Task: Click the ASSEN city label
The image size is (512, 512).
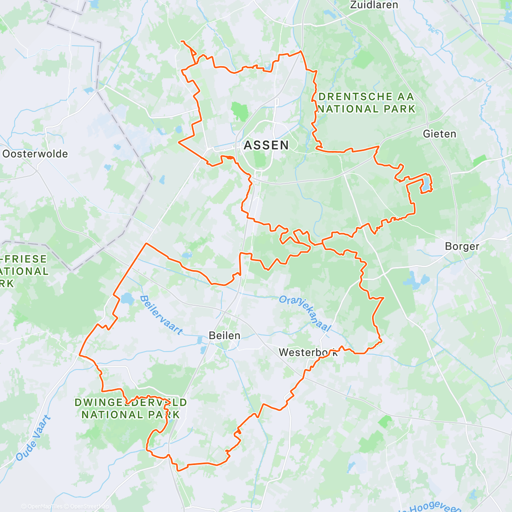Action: click(266, 145)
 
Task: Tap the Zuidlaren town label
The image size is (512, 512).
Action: click(374, 5)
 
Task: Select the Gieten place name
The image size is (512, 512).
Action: click(439, 134)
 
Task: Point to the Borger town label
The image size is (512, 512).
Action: click(462, 247)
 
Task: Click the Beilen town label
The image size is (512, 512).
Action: click(224, 336)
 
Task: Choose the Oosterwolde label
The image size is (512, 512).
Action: click(35, 154)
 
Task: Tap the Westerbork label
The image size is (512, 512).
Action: click(308, 352)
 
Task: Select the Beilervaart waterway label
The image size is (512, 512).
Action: click(161, 315)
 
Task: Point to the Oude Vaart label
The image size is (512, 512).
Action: click(33, 438)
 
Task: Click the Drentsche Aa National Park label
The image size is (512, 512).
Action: click(366, 103)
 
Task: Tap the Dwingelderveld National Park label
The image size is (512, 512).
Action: click(131, 408)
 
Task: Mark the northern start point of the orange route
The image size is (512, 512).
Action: click(182, 41)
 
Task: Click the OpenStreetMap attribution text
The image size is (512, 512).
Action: click(90, 506)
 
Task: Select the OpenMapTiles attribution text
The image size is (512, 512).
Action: click(44, 506)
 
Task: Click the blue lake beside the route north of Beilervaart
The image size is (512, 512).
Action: click(127, 299)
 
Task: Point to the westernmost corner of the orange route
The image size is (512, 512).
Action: click(80, 355)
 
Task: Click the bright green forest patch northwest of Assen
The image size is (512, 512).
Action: click(240, 111)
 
